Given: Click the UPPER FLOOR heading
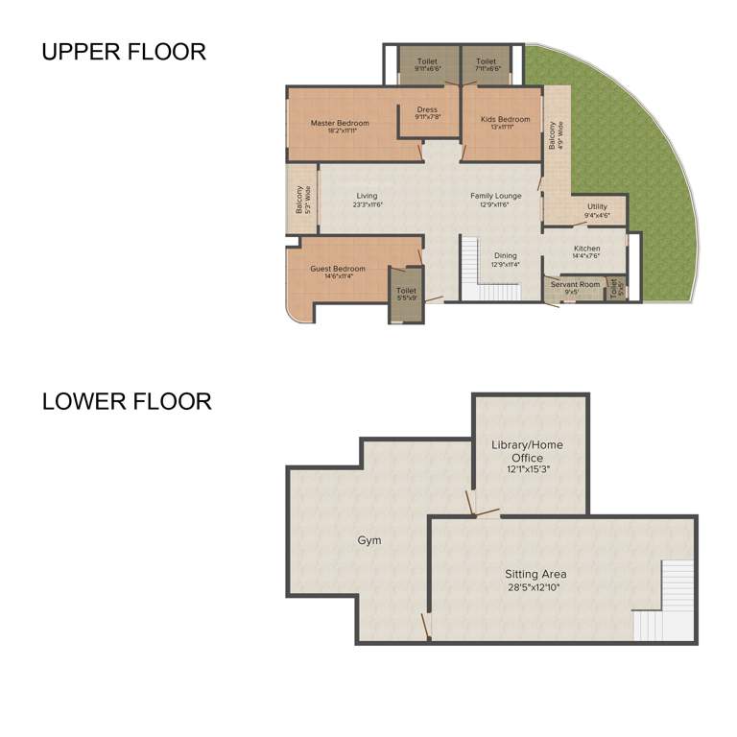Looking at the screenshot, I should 123,52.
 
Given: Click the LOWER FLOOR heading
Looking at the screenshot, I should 127,401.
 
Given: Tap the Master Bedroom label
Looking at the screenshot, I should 340,123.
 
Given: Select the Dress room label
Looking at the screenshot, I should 427,109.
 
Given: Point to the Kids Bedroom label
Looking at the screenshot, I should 505,119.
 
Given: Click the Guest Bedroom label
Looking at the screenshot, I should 337,269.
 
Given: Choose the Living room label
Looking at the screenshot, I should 367,196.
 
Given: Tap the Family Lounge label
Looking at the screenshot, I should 495,196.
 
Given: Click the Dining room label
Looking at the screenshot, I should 505,256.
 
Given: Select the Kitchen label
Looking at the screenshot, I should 586,249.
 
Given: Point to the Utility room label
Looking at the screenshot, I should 597,206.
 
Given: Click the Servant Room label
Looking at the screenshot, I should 575,284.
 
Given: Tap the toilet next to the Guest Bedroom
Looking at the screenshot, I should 406,293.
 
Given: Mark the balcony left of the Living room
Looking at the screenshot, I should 300,200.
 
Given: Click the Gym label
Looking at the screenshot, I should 369,540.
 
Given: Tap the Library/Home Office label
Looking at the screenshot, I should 528,451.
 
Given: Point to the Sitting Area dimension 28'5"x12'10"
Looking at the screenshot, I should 535,588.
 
